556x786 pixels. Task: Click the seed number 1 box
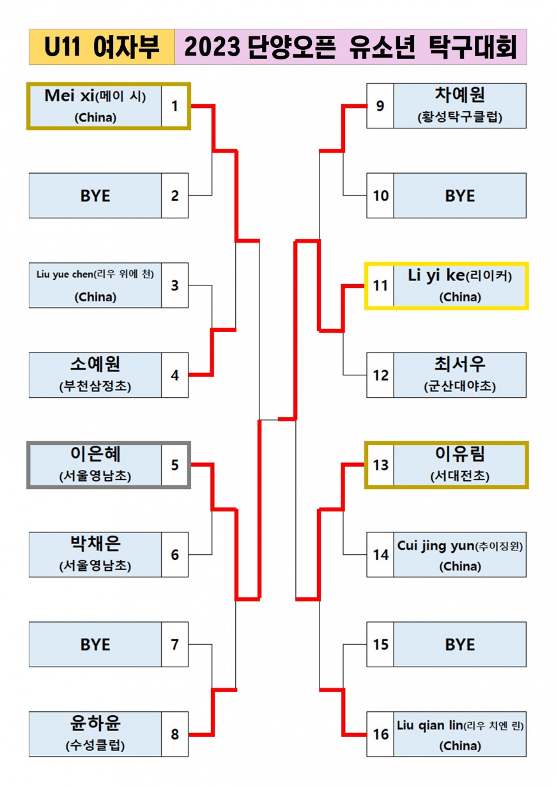point(174,106)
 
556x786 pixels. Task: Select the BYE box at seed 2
point(95,195)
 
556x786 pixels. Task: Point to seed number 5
point(174,465)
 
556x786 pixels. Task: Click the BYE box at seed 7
point(95,644)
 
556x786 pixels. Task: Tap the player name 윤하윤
point(95,724)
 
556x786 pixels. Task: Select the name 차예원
point(459,96)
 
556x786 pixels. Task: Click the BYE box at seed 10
point(459,195)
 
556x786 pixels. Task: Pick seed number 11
point(380,285)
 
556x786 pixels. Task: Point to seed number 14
point(380,555)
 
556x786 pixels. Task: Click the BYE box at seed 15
point(459,644)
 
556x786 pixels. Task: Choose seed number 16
point(380,734)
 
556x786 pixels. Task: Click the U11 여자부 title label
point(102,47)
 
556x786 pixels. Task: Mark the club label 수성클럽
point(95,745)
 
